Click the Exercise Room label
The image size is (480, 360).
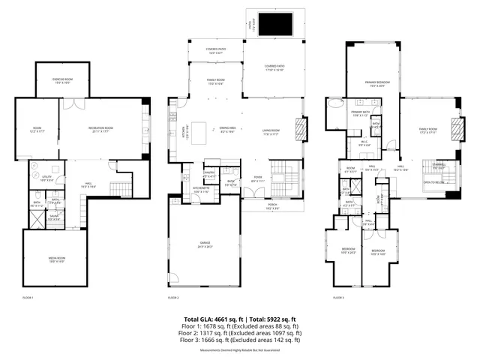(x=61, y=81)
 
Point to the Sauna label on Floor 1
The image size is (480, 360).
(x=55, y=217)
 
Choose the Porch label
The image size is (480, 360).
(x=274, y=207)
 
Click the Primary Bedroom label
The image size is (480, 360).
(x=375, y=82)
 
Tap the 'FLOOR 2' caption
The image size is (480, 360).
(x=173, y=298)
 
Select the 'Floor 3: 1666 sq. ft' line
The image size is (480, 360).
(x=240, y=340)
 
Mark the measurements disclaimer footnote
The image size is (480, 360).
(x=240, y=350)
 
